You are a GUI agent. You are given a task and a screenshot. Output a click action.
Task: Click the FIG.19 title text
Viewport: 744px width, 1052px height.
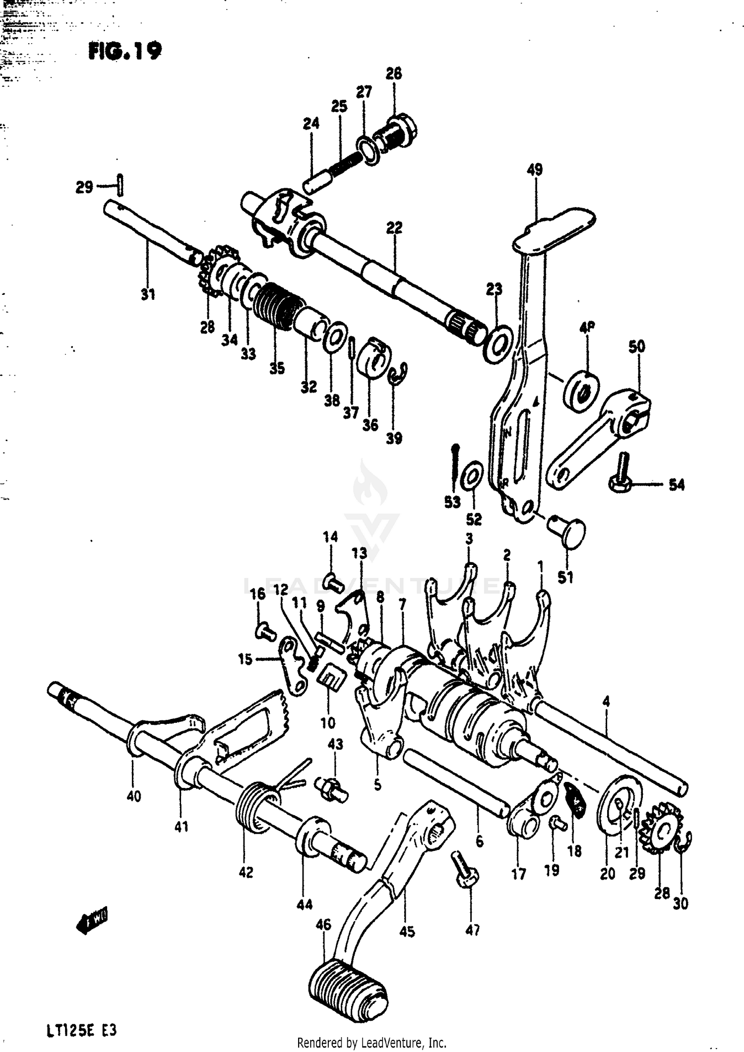pos(125,50)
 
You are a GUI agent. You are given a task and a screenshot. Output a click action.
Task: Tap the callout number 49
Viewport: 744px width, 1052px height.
pos(534,169)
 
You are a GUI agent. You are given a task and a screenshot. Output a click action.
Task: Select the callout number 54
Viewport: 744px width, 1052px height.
pos(676,485)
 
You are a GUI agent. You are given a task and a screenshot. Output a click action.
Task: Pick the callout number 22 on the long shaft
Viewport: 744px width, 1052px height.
pos(394,228)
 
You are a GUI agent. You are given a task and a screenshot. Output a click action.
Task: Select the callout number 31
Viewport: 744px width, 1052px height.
pos(148,294)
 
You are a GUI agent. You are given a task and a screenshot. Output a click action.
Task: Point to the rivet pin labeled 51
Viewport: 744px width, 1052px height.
pos(569,533)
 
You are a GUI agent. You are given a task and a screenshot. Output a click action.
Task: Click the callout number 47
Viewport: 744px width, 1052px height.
pos(473,930)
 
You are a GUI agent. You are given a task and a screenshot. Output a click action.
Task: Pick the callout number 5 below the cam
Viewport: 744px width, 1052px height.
pos(377,785)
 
